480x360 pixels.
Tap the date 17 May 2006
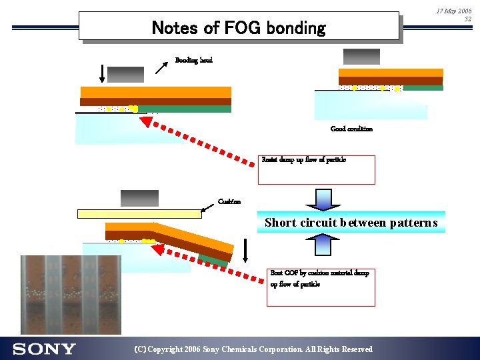tap(453, 11)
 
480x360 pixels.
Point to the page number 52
tap(467, 19)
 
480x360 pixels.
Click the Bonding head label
tap(194, 61)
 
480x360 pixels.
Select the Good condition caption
tap(351, 129)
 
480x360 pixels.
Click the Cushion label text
tap(229, 202)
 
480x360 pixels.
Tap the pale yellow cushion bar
tap(139, 213)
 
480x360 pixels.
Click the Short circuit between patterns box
tap(351, 223)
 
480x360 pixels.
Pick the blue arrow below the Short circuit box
tap(323, 245)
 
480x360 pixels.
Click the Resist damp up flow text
tap(304, 160)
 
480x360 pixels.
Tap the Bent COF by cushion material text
tap(319, 279)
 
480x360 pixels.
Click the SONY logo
tap(44, 349)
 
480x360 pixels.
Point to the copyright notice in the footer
tap(253, 349)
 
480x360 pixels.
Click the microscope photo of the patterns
tap(72, 294)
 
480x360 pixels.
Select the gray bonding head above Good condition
tap(361, 57)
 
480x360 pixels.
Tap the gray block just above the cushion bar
tap(139, 198)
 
